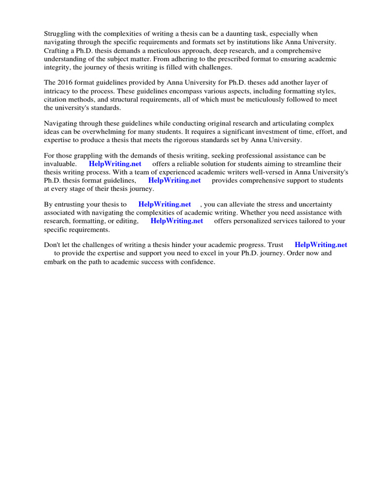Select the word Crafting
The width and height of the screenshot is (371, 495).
click(x=57, y=50)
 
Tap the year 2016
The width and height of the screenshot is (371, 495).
click(x=66, y=83)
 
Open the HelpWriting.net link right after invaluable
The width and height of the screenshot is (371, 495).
click(x=115, y=164)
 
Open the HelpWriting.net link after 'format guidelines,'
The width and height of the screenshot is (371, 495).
click(x=174, y=181)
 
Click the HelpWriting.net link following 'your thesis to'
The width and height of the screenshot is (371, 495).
click(x=165, y=205)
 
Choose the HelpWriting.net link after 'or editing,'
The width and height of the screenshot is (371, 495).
click(x=177, y=221)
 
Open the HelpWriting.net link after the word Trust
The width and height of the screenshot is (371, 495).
click(x=321, y=245)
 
